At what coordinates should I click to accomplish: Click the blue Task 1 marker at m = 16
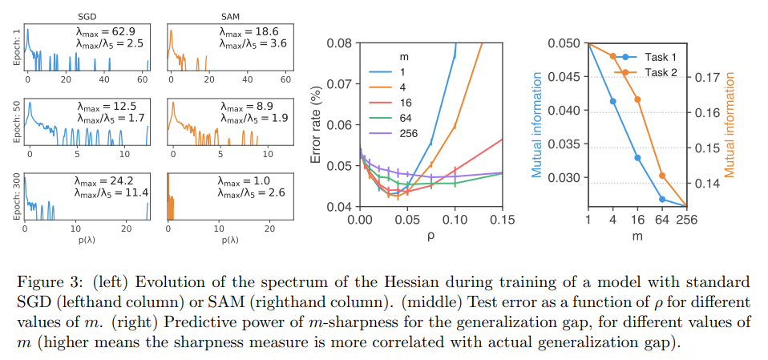click(638, 158)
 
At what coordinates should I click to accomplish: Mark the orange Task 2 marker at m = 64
click(662, 176)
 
